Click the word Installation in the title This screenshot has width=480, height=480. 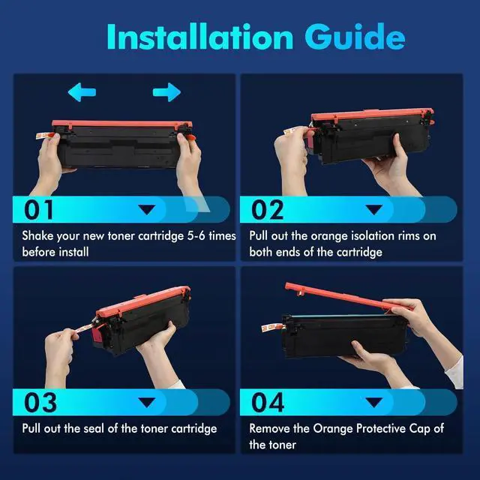pyautogui.click(x=200, y=37)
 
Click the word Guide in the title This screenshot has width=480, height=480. pyautogui.click(x=355, y=37)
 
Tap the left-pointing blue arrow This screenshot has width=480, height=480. pyautogui.click(x=82, y=92)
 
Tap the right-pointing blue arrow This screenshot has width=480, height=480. pyautogui.click(x=166, y=92)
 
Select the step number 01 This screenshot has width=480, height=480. pyautogui.click(x=39, y=210)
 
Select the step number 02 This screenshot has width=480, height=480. pyautogui.click(x=268, y=210)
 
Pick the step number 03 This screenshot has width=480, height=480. pyautogui.click(x=40, y=402)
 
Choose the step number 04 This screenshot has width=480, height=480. pyautogui.click(x=268, y=402)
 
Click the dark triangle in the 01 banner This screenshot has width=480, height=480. pyautogui.click(x=147, y=210)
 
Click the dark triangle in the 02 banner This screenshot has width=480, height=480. pyautogui.click(x=374, y=210)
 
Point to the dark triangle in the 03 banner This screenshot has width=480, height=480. pyautogui.click(x=147, y=403)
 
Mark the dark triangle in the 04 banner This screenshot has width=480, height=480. pyautogui.click(x=374, y=403)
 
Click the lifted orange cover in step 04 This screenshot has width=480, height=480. pyautogui.click(x=346, y=297)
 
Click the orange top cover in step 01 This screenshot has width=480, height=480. pyautogui.click(x=121, y=124)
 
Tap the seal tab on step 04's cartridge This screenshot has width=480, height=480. pyautogui.click(x=271, y=328)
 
